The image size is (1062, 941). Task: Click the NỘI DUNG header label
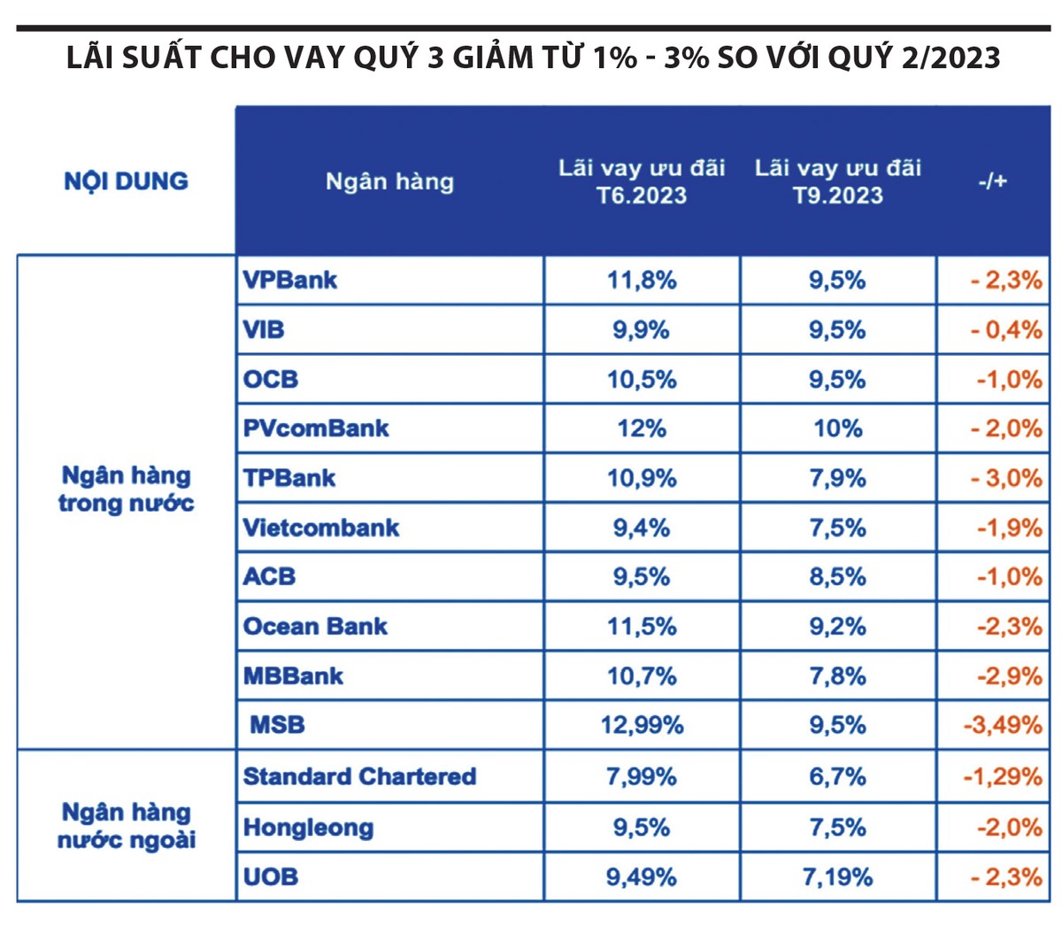126,181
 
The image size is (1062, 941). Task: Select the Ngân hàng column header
389,181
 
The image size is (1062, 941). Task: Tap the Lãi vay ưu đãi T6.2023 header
642,181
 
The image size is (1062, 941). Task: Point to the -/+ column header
992,181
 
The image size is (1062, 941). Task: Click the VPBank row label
290,281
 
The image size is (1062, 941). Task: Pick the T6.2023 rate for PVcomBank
642,429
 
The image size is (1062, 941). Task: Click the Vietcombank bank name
321,528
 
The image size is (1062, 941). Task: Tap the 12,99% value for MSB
642,726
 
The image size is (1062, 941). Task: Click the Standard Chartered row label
359,777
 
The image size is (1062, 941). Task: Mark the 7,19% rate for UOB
837,877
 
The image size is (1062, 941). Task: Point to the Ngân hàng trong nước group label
126,490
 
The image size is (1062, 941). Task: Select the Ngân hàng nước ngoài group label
126,826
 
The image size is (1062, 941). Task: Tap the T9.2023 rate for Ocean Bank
837,627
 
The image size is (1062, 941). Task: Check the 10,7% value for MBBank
642,676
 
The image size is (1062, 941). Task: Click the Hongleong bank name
308,828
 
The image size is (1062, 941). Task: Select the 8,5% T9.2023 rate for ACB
837,577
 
